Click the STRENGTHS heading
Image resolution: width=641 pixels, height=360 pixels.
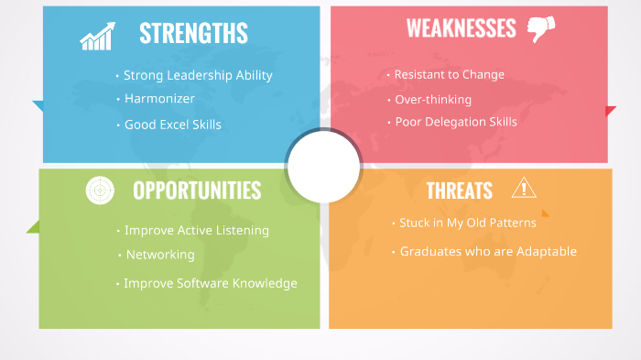(x=193, y=33)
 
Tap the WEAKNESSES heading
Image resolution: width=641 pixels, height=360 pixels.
(x=461, y=28)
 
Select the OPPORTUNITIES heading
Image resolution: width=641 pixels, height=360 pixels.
(x=197, y=190)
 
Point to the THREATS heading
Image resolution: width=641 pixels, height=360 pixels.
(x=459, y=191)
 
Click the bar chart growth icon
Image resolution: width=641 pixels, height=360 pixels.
(x=96, y=37)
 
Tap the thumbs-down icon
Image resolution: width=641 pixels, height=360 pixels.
(x=541, y=29)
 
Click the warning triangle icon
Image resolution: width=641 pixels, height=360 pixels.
(x=524, y=188)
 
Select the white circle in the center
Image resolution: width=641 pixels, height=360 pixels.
(x=323, y=167)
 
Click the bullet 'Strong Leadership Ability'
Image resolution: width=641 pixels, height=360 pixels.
(x=198, y=75)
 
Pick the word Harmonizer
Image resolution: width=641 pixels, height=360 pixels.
(x=159, y=98)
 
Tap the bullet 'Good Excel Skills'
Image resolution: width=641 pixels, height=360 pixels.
(x=172, y=125)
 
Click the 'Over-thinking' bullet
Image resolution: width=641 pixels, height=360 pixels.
(x=433, y=99)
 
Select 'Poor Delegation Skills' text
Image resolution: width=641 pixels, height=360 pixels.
(x=455, y=122)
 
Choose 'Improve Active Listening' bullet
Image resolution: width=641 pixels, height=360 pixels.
(x=196, y=231)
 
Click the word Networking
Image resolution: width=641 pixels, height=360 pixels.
(x=159, y=255)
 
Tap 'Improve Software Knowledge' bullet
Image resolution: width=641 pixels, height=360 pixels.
(x=211, y=283)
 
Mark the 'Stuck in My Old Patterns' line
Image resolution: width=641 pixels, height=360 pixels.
(x=468, y=223)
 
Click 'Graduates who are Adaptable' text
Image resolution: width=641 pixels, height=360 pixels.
(x=488, y=251)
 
